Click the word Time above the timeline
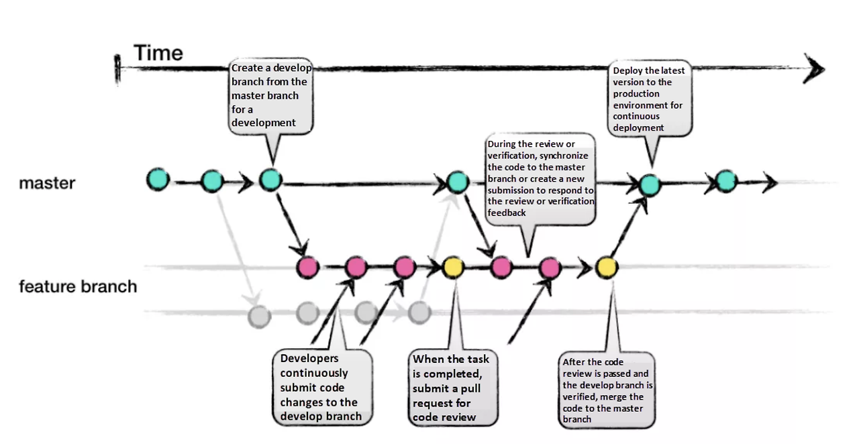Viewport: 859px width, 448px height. coord(158,52)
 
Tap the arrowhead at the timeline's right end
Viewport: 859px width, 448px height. coord(815,68)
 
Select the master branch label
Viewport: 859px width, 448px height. coord(47,182)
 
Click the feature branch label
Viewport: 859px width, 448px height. coord(78,286)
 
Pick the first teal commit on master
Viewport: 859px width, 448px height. coord(158,180)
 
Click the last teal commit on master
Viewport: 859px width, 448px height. coord(726,180)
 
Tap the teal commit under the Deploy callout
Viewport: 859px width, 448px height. coord(649,184)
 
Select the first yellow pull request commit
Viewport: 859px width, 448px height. coord(454,268)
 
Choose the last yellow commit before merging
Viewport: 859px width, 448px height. coord(607,268)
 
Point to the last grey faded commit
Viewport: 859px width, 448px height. coord(419,311)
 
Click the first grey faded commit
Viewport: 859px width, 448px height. coord(259,315)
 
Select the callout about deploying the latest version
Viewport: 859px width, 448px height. coord(649,99)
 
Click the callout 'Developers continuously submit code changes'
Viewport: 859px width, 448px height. coord(321,387)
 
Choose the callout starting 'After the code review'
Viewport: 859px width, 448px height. coord(607,391)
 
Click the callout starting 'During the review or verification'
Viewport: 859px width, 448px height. coord(540,178)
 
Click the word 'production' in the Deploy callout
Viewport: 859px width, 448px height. coord(636,94)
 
